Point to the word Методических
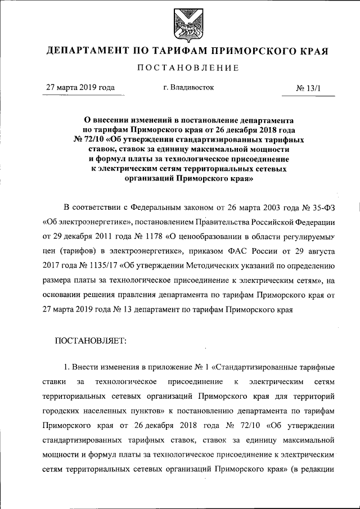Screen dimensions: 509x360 218,262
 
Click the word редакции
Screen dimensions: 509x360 318,470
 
